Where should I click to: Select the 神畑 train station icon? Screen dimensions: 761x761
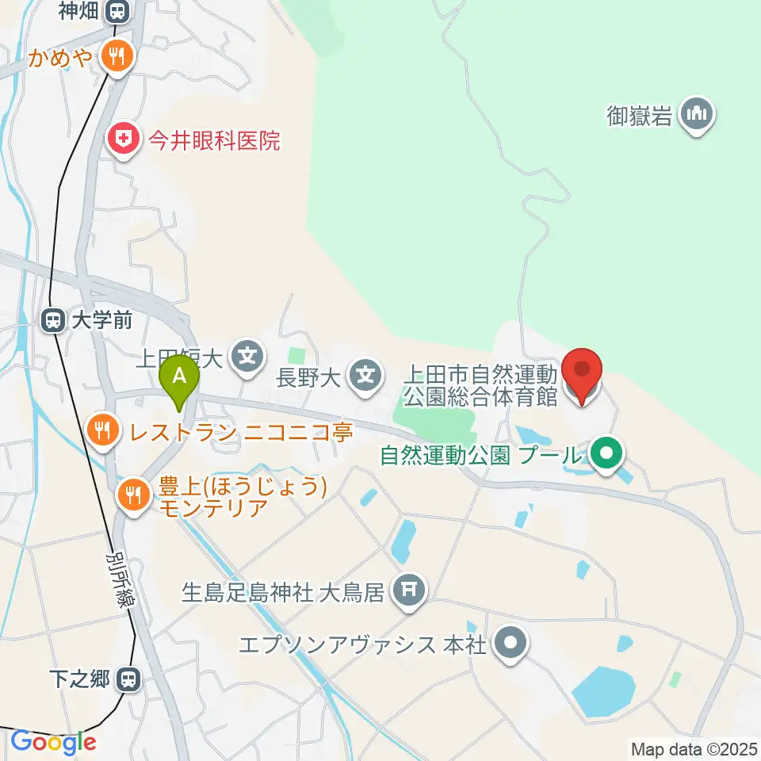pyautogui.click(x=118, y=11)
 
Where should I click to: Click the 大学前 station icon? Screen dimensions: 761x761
pyautogui.click(x=53, y=320)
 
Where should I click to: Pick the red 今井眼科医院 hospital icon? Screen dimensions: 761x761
pyautogui.click(x=123, y=141)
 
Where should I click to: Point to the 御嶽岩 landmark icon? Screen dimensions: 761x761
pyautogui.click(x=698, y=116)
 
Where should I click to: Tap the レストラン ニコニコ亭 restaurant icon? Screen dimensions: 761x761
pyautogui.click(x=103, y=431)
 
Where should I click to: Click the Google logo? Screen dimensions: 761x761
pyautogui.click(x=53, y=743)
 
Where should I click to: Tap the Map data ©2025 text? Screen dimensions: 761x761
pyautogui.click(x=694, y=748)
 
